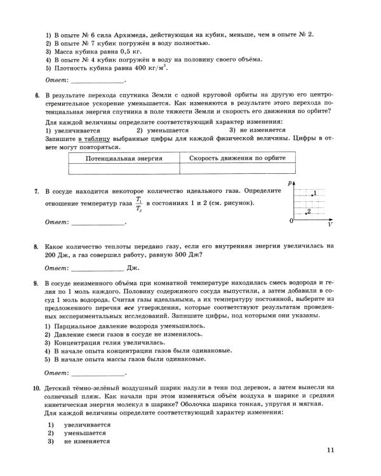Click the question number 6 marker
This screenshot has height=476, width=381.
click(x=36, y=95)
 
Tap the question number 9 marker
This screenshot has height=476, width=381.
click(x=36, y=281)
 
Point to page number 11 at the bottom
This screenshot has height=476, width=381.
click(x=330, y=451)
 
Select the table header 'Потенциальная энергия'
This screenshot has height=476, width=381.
click(x=124, y=158)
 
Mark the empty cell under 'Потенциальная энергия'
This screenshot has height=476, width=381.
click(x=124, y=169)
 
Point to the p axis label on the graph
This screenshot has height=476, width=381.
click(x=289, y=183)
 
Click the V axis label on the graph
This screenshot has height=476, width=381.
click(x=330, y=225)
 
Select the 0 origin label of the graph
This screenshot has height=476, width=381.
click(x=291, y=221)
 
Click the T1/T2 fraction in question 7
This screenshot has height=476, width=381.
click(x=138, y=204)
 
